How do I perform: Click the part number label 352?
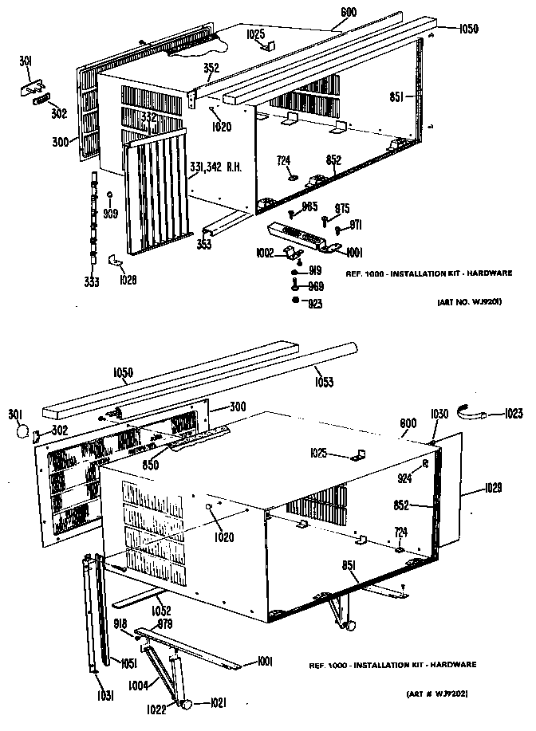tap(211, 68)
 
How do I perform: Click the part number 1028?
tap(128, 279)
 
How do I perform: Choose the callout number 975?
tap(341, 208)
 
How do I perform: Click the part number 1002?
tap(263, 253)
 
